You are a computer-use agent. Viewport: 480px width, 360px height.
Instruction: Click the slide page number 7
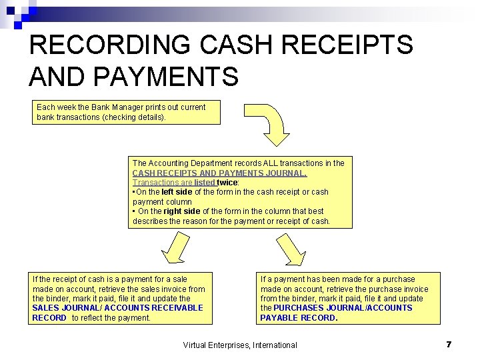point(449,344)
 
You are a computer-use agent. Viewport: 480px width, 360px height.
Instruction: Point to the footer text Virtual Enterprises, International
point(240,345)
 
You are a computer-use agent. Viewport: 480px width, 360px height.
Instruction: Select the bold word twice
point(227,182)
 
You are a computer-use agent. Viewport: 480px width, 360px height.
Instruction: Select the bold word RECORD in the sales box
point(49,318)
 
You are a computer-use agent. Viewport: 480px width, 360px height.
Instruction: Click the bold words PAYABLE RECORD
point(298,318)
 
